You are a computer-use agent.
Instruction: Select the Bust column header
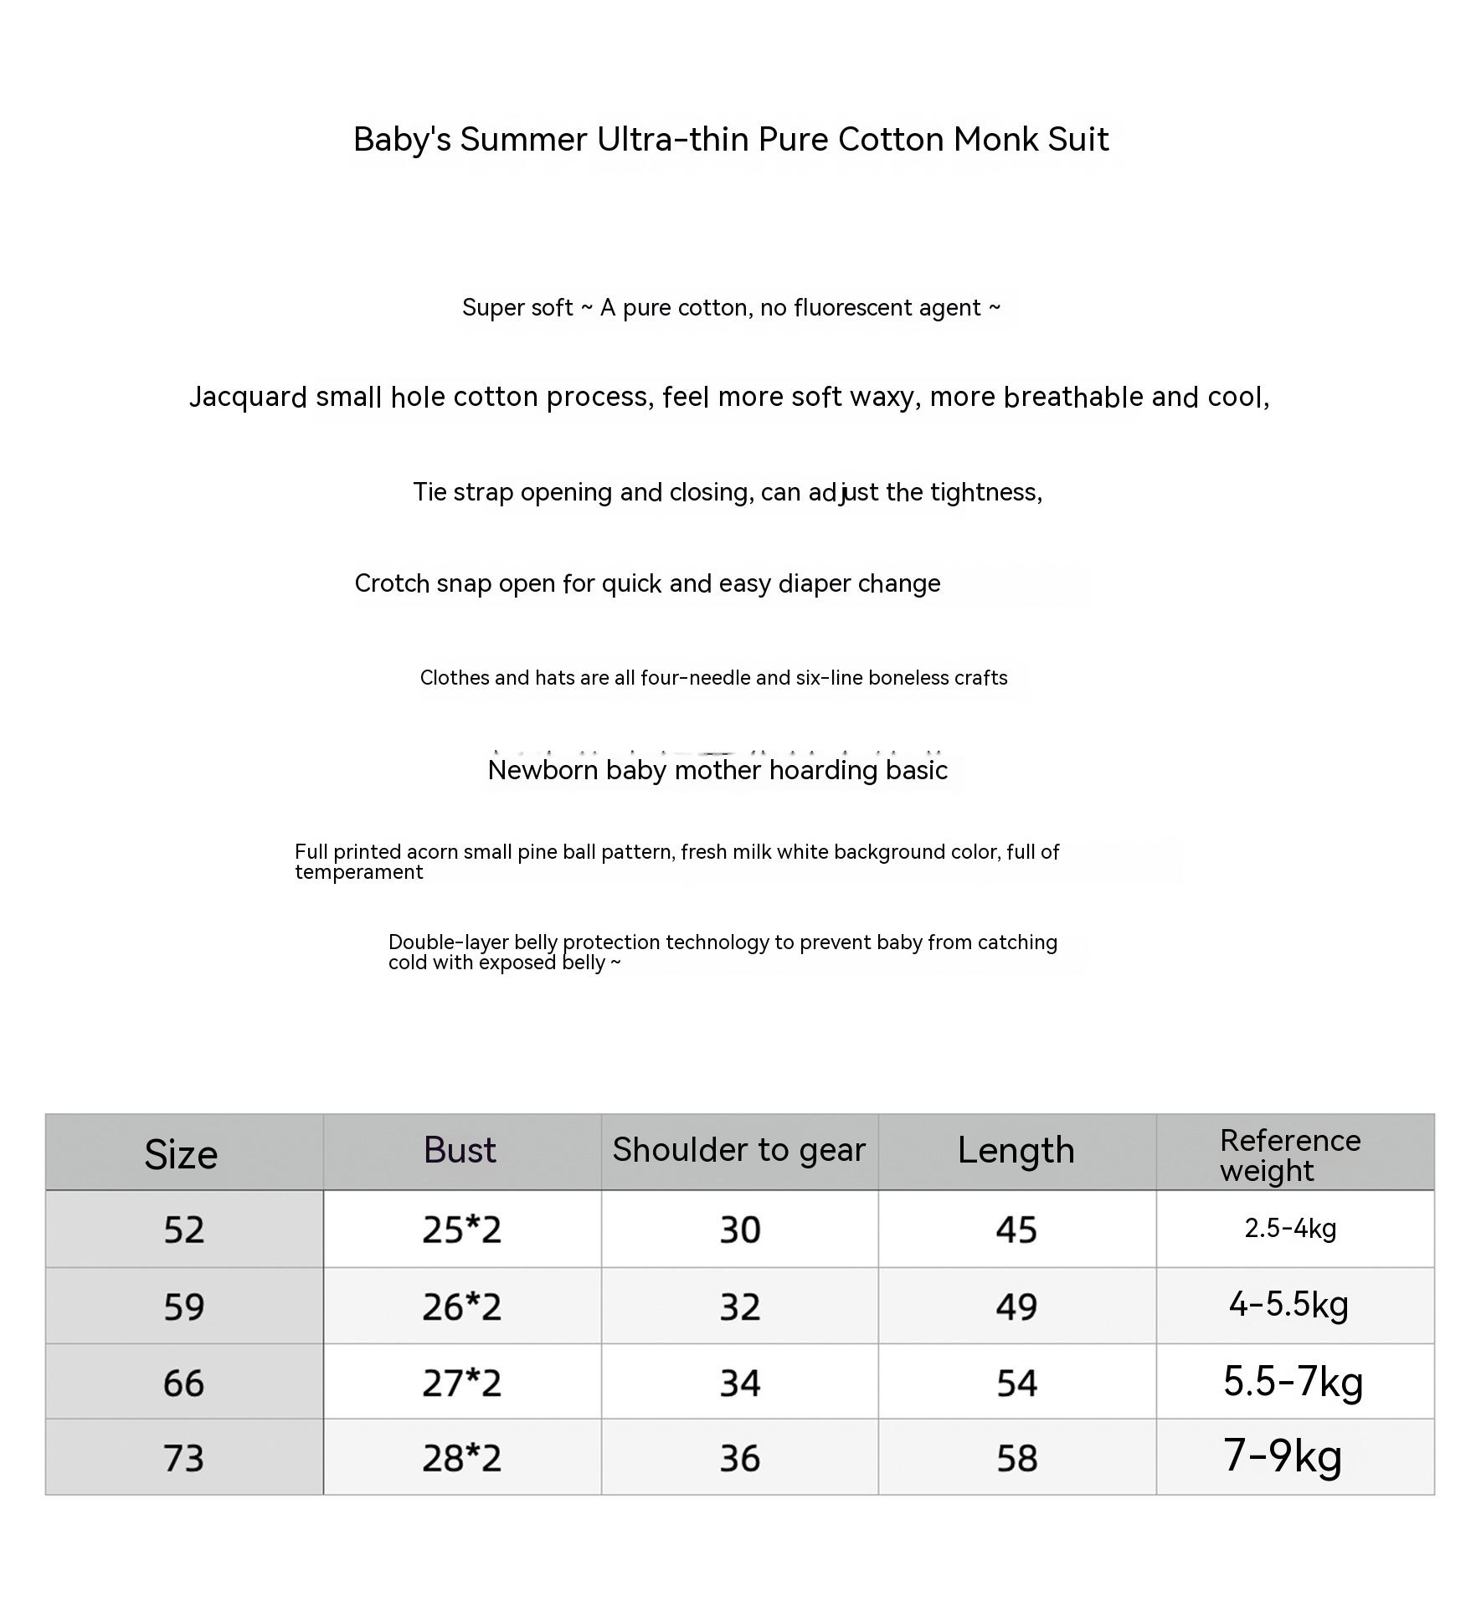(460, 1151)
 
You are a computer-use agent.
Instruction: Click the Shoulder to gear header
(738, 1151)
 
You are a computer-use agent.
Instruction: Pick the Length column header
(1016, 1151)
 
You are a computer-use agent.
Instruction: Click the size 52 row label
(183, 1230)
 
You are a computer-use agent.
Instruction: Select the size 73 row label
(183, 1459)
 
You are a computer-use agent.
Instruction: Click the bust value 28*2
(461, 1459)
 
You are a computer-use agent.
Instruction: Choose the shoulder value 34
(740, 1384)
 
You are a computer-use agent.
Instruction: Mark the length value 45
(1016, 1230)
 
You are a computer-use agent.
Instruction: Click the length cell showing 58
(1016, 1459)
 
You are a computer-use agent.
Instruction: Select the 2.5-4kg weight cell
(1290, 1229)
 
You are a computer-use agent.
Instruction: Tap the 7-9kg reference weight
(1283, 1456)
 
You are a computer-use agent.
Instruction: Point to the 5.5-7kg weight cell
(1293, 1382)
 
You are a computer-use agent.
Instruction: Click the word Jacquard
(248, 398)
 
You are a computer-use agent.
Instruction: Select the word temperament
(358, 872)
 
